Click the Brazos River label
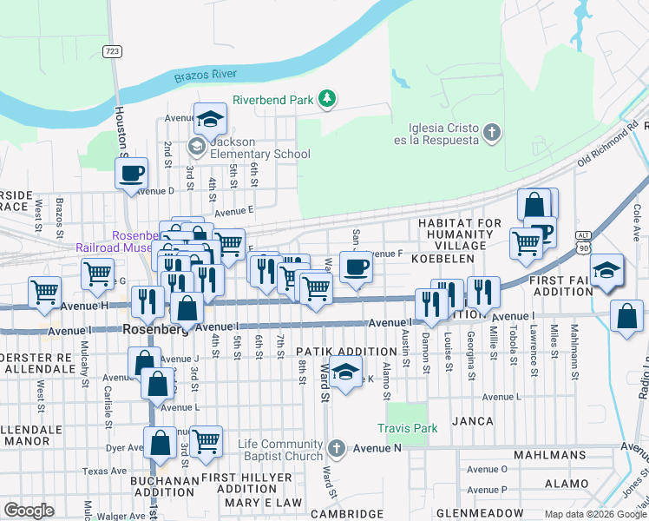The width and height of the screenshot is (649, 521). point(206,76)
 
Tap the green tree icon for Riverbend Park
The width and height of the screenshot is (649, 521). point(327,100)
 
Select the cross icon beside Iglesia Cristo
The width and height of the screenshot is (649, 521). point(492,133)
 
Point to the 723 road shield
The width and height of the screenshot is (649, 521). point(111,52)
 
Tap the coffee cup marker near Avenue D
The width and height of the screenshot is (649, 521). point(131,174)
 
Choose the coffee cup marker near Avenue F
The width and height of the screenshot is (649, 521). point(355,267)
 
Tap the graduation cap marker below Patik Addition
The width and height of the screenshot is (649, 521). point(345,373)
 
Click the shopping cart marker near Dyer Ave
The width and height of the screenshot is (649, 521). point(206,442)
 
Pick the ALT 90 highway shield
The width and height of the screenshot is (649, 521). point(584,246)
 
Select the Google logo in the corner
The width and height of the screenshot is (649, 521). point(29,511)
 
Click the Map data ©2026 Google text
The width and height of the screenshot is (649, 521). point(594,514)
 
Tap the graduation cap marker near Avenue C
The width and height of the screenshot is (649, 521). point(209,120)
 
